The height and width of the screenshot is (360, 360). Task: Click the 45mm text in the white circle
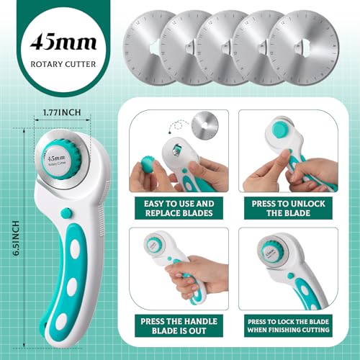click(x=63, y=42)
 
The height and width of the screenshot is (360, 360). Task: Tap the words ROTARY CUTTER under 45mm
click(x=63, y=64)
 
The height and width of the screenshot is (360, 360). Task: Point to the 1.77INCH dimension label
click(x=62, y=112)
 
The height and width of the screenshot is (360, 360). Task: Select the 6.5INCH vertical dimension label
click(x=16, y=238)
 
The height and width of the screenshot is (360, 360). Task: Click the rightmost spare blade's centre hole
click(x=301, y=48)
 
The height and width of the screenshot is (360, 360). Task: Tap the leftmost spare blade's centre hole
click(x=156, y=48)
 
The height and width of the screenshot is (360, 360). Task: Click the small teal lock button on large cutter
click(x=66, y=213)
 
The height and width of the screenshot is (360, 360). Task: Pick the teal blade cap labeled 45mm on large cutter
click(x=61, y=160)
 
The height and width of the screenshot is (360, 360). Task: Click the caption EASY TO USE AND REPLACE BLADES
click(x=179, y=208)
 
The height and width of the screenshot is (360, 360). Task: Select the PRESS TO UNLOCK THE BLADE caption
click(x=288, y=208)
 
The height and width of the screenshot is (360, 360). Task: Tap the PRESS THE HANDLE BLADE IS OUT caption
click(x=179, y=326)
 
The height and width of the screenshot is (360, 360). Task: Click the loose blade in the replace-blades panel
click(x=205, y=125)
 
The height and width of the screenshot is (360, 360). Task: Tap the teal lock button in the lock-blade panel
click(x=290, y=276)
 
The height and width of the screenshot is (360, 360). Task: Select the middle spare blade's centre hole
click(x=226, y=48)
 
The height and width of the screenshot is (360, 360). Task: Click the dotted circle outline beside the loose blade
click(x=178, y=125)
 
